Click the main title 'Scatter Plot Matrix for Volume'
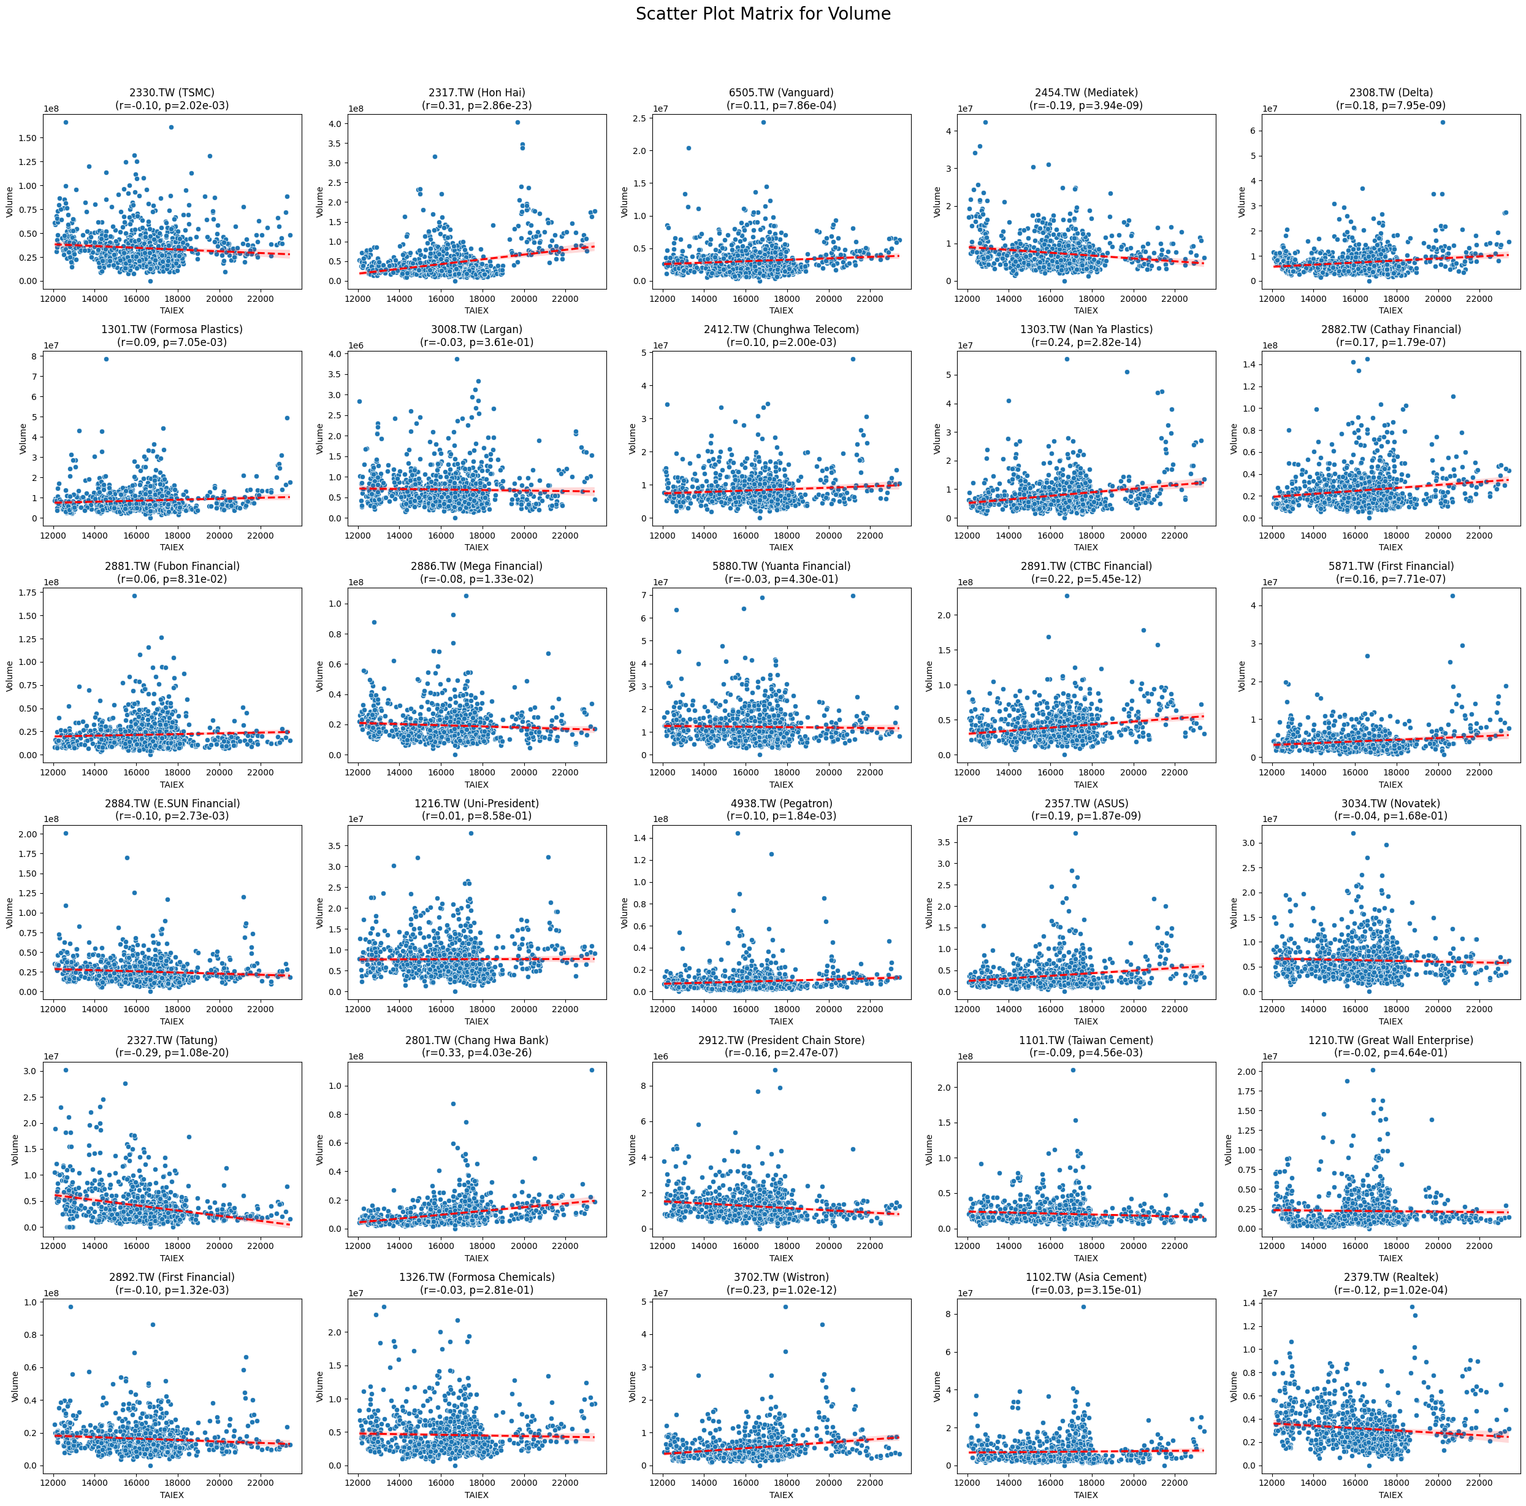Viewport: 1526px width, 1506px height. [763, 14]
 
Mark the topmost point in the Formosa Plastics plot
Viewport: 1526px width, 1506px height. [106, 359]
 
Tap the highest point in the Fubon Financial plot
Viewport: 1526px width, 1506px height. [134, 596]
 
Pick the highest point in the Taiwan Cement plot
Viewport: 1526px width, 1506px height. [1073, 1070]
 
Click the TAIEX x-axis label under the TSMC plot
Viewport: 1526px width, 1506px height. [172, 310]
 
